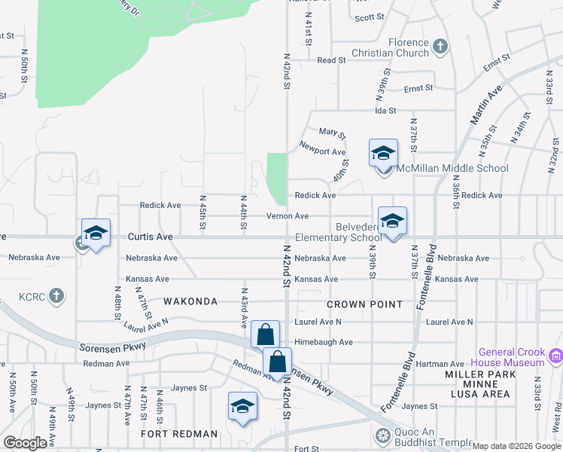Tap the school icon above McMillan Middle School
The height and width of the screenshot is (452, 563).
383,154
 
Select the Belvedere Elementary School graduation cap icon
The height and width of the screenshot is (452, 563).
392,221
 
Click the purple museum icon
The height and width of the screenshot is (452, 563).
556,356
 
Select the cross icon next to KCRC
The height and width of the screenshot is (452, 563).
56,295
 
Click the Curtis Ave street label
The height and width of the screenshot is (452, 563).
150,237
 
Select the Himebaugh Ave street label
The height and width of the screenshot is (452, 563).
324,342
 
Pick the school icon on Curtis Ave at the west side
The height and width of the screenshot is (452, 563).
96,234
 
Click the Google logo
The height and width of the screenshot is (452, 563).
26,443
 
